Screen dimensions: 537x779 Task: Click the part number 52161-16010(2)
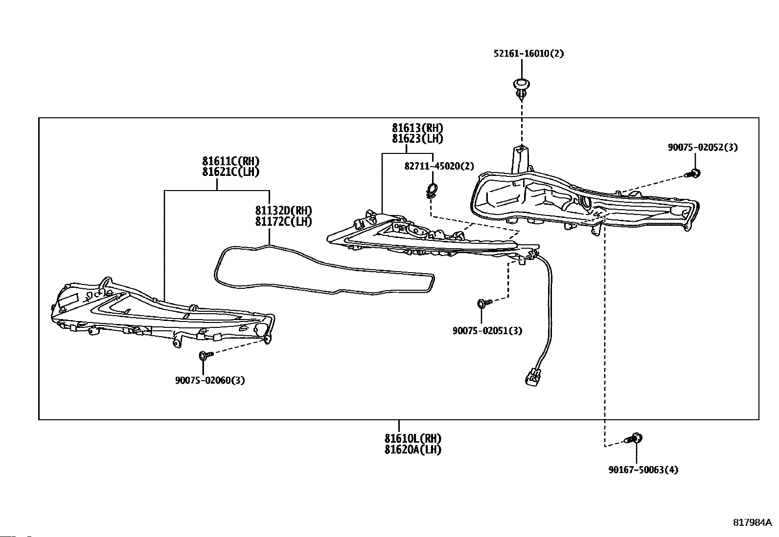[528, 53]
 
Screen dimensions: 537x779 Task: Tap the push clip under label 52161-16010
[522, 88]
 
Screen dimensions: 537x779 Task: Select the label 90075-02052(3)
[702, 147]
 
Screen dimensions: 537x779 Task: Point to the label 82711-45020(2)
[439, 166]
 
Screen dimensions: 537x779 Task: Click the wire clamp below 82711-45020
[432, 190]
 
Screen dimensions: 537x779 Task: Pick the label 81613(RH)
[417, 128]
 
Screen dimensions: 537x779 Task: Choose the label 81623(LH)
[417, 139]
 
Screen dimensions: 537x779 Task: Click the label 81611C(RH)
[230, 161]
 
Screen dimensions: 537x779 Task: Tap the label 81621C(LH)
[230, 172]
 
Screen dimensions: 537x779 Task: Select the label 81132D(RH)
[283, 211]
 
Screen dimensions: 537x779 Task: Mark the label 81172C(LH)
[283, 221]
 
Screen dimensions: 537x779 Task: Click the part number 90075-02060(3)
[210, 380]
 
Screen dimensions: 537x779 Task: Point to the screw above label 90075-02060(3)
[205, 355]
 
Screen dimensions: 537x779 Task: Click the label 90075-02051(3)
[487, 331]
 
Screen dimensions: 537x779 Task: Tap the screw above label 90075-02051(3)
[482, 303]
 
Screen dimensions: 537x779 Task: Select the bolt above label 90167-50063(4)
[636, 438]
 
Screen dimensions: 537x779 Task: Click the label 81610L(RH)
[412, 438]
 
